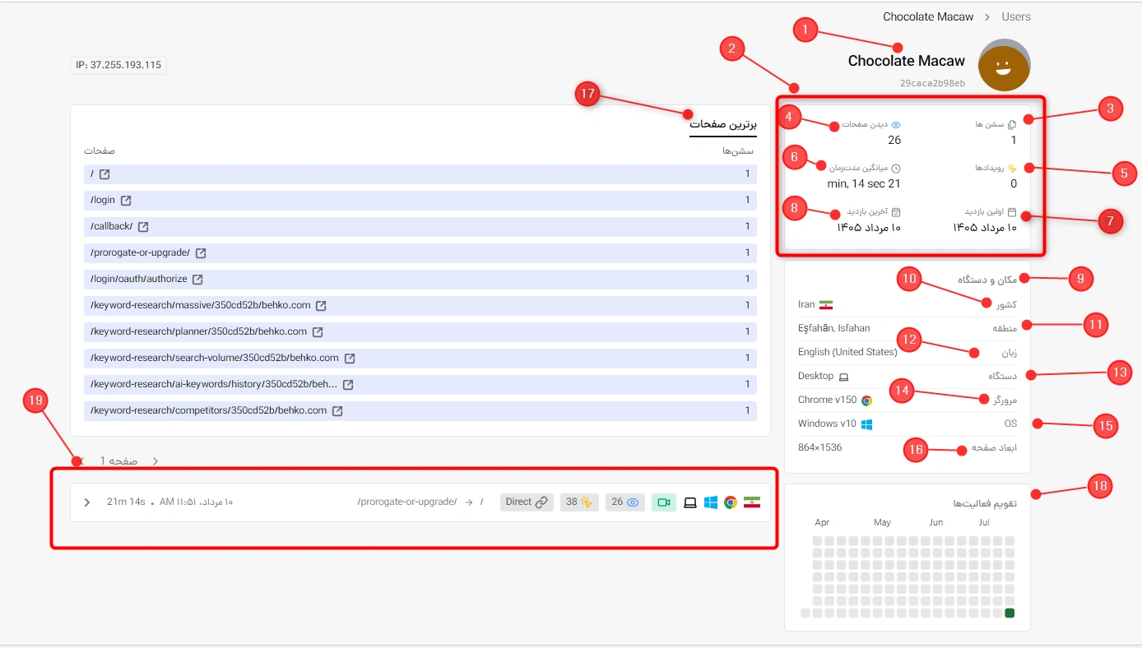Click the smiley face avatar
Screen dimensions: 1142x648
pyautogui.click(x=1004, y=65)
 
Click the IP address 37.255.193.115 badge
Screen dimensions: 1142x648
pyautogui.click(x=118, y=65)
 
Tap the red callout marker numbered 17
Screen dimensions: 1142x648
pyautogui.click(x=587, y=94)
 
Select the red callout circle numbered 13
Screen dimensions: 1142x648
pyautogui.click(x=1120, y=373)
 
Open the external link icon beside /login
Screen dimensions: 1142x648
pyautogui.click(x=126, y=200)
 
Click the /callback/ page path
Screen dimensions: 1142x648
pyautogui.click(x=112, y=226)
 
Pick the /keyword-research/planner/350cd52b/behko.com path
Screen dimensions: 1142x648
pyautogui.click(x=198, y=331)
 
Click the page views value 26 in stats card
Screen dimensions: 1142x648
pyautogui.click(x=894, y=140)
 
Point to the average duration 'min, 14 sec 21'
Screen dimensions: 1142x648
pyautogui.click(x=864, y=183)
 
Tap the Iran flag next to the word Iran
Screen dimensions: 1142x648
pyautogui.click(x=826, y=304)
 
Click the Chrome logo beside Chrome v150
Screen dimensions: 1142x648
pyautogui.click(x=866, y=400)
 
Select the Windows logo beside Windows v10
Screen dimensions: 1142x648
pyautogui.click(x=866, y=424)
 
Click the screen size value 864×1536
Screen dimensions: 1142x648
pyautogui.click(x=819, y=447)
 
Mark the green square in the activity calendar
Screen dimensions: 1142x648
pyautogui.click(x=1010, y=613)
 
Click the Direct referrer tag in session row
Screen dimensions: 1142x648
pyautogui.click(x=527, y=502)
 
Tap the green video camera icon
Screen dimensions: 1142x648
pyautogui.click(x=664, y=502)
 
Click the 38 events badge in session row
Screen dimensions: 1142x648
pyautogui.click(x=579, y=502)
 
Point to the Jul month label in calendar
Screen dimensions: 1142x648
pyautogui.click(x=984, y=522)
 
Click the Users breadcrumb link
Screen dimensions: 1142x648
pyautogui.click(x=1015, y=16)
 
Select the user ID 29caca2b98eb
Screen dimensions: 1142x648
pyautogui.click(x=932, y=83)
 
